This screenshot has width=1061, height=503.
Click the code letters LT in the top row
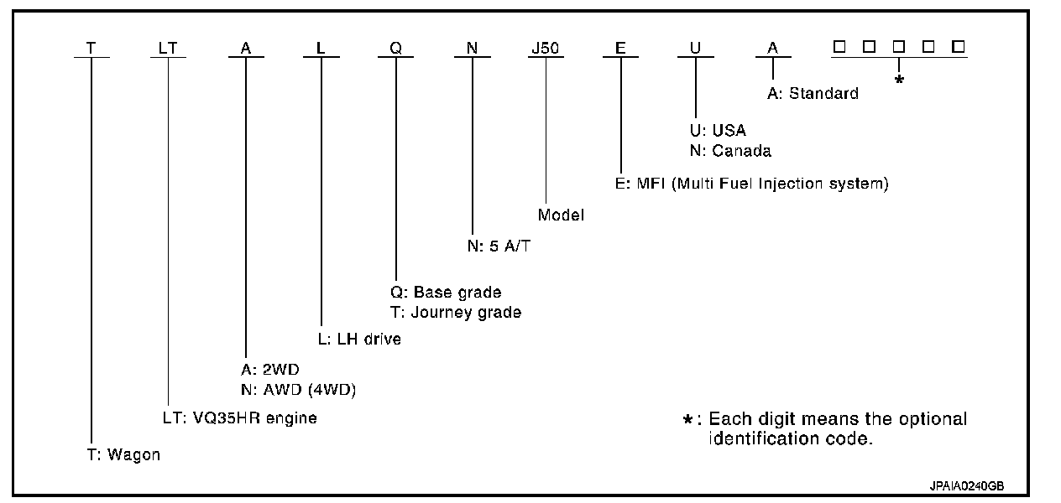[x=168, y=49]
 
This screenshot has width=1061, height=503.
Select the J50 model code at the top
[x=546, y=49]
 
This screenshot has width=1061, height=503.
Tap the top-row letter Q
[x=396, y=49]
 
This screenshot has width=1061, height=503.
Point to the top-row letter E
[x=620, y=49]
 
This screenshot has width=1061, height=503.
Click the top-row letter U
[x=695, y=49]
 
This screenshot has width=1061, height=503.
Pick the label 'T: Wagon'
[x=123, y=455]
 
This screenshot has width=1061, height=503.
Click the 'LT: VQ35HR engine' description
[x=239, y=417]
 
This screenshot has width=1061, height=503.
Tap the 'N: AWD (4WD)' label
[x=291, y=388]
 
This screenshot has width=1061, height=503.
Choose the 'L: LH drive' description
[x=360, y=340]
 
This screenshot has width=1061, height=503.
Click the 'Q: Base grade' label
[x=444, y=293]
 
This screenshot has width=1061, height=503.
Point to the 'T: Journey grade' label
[x=454, y=312]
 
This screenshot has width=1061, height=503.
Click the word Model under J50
[x=561, y=215]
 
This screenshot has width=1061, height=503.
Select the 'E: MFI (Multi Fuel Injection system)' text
[x=751, y=183]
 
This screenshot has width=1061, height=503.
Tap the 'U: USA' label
[x=717, y=131]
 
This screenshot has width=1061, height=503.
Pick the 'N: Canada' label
[x=729, y=151]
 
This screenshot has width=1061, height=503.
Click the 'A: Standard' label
[x=813, y=94]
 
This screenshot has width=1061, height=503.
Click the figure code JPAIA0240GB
[x=967, y=485]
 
